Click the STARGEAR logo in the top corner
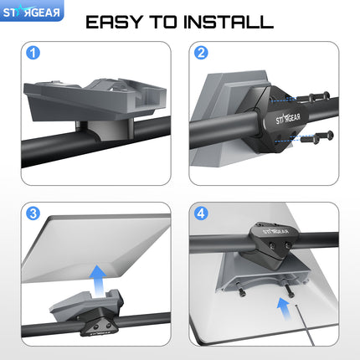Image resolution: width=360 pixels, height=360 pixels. pos(32,12)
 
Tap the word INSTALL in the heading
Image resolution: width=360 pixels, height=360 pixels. pos(229,22)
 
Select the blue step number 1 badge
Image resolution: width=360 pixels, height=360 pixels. pos(33,53)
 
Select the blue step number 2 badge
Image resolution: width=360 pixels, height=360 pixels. pos(201,53)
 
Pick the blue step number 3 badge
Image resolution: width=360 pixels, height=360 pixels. pos(33,213)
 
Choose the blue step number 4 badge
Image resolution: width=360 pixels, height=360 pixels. pos(201,213)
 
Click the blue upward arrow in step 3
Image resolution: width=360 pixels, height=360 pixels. pos(97,280)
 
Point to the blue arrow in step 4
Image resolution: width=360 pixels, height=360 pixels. pos(284,309)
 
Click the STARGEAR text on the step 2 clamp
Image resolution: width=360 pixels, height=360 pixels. pos(288,119)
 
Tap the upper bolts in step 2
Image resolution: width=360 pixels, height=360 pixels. pos(313,97)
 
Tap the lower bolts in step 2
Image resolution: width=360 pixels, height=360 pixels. pos(317,136)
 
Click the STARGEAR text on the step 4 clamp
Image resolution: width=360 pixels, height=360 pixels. pos(276,231)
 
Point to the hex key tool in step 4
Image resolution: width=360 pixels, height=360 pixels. pos(305,326)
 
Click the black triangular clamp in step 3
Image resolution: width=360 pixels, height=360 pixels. pos(100,325)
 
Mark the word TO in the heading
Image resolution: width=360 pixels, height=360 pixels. pos(164,22)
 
